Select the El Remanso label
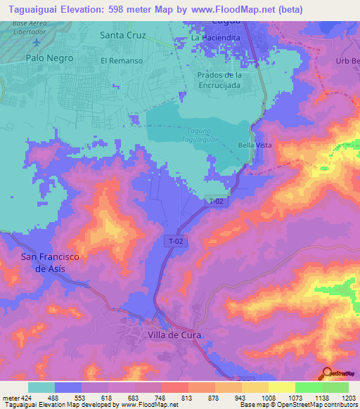(122, 61)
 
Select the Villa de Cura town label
(174, 335)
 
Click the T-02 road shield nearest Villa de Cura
(176, 241)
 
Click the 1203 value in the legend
(349, 398)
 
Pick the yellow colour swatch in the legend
(281, 387)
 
